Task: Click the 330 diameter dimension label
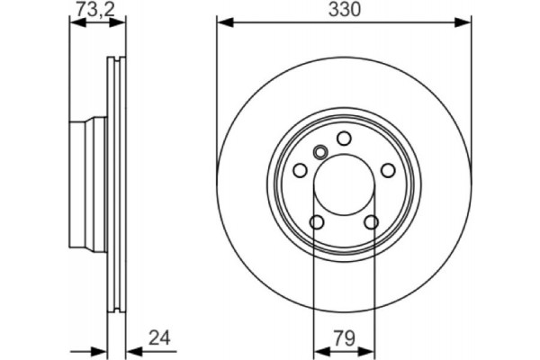pos(344,10)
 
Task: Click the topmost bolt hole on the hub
pos(344,138)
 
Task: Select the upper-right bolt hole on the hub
pos(388,170)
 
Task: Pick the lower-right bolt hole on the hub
pos(372,223)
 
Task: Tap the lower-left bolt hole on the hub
pos(316,223)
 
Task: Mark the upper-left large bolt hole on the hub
pos(300,170)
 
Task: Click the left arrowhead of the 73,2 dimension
pos(75,23)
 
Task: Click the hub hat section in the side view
pos(88,184)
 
